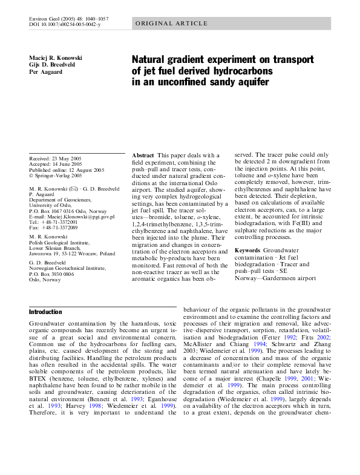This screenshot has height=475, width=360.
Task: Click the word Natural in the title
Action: point(152,60)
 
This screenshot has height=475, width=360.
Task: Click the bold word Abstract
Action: point(143,156)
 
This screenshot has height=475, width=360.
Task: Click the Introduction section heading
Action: point(45,312)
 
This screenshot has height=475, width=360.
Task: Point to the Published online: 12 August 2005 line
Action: point(67,170)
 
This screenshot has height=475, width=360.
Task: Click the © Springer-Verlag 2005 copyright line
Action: point(55,175)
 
